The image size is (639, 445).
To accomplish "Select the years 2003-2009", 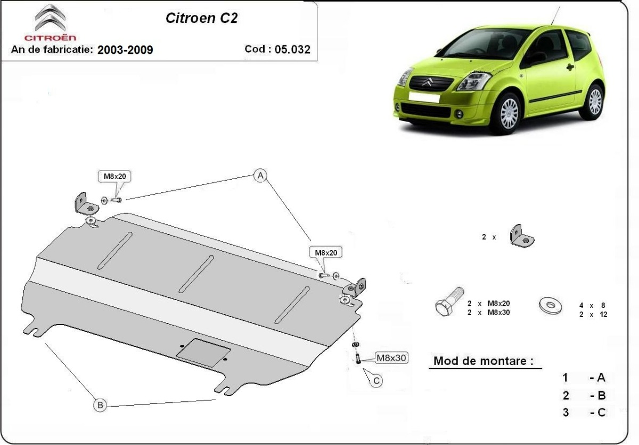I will pos(125,50).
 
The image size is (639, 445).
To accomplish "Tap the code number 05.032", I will pos(292,49).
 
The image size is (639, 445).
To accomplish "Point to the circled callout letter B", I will pos(100,405).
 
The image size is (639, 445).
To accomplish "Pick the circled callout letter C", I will pos(376,381).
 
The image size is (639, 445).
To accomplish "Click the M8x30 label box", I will pos(391,358).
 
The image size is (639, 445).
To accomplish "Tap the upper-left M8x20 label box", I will pos(114,176).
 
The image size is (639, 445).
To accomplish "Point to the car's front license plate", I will pos(423,98).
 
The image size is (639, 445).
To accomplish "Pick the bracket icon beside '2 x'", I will pos(522,236).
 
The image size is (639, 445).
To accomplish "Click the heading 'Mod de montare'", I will pos(484,361).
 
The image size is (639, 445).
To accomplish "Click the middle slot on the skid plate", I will pos(196,273).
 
